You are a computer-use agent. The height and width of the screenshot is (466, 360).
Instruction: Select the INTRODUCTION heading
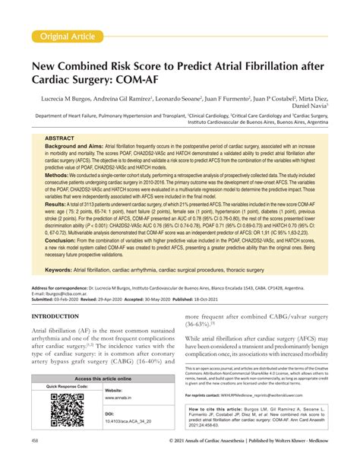pos(63,336)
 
